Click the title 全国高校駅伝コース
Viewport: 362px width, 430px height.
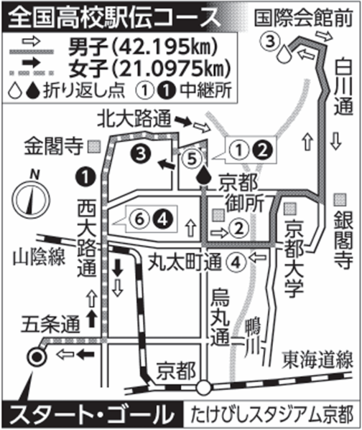tap(114, 18)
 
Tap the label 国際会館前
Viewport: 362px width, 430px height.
tap(303, 19)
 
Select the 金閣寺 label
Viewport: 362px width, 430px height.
tap(54, 146)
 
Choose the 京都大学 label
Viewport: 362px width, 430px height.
tap(294, 258)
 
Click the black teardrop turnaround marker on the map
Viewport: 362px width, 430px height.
tap(204, 175)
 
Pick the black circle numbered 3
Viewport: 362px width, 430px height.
tap(141, 154)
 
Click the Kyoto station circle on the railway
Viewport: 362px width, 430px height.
tap(204, 387)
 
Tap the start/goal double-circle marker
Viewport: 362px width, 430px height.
tap(36, 357)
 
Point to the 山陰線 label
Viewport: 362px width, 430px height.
tap(39, 257)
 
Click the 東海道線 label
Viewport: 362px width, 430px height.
tap(318, 360)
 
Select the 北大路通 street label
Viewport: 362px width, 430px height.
tap(134, 118)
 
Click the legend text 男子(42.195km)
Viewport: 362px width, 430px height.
tap(141, 46)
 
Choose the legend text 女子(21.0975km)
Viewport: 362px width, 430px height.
tap(149, 68)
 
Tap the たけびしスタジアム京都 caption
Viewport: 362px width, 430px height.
tap(271, 416)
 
